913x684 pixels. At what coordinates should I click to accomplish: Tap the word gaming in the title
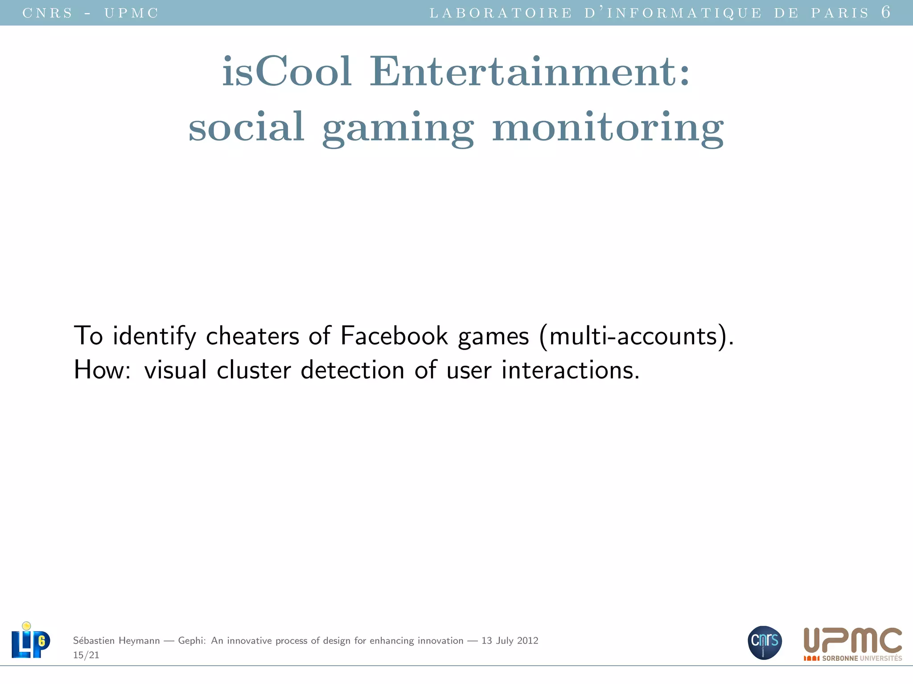pos(398,128)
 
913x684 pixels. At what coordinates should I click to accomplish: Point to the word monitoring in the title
pos(608,128)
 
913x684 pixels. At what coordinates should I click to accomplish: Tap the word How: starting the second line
pos(102,370)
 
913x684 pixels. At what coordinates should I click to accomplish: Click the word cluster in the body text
pos(254,370)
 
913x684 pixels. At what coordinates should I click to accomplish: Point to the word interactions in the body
pos(570,370)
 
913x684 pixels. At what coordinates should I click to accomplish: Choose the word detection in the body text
pos(352,370)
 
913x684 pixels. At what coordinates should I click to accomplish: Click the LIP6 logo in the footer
pos(30,640)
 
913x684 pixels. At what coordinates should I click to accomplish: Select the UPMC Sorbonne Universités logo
pos(852,644)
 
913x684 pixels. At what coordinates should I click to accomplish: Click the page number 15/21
pos(86,655)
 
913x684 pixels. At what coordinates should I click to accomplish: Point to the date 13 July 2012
pos(510,641)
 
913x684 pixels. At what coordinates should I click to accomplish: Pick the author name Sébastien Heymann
pos(116,641)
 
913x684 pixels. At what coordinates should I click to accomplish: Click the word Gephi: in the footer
pos(192,641)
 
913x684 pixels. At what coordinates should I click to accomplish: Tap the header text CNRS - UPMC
pos(90,13)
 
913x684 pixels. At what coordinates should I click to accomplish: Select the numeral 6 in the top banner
pos(885,12)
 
